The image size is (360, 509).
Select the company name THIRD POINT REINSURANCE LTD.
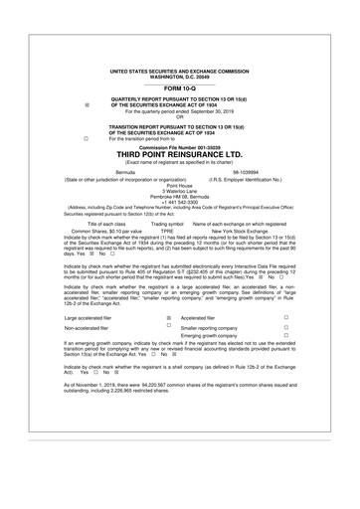[x=180, y=155]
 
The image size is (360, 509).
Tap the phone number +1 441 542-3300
[x=180, y=202]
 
